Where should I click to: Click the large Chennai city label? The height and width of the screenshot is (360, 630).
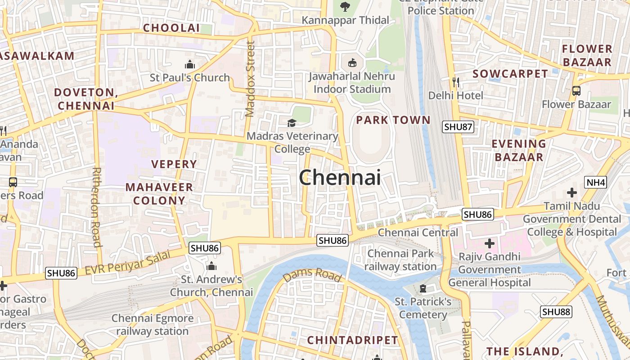340,177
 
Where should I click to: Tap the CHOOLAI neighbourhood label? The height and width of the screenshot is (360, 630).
171,28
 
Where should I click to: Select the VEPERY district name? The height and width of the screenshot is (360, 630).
174,164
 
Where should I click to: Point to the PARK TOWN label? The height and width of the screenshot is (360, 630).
393,120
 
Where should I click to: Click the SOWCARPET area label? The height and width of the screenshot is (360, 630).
510,74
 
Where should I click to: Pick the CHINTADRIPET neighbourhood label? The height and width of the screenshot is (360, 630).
353,340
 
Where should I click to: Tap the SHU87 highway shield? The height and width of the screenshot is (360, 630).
458,127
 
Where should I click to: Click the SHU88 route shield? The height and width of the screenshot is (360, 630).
556,312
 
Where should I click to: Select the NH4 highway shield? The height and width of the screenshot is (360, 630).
596,182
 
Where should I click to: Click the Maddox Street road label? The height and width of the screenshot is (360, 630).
250,79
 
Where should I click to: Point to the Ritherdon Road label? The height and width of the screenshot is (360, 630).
96,207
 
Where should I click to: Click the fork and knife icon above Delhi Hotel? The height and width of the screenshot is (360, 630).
456,82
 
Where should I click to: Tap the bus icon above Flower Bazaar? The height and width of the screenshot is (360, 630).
576,90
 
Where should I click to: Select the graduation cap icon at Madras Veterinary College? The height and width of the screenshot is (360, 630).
292,123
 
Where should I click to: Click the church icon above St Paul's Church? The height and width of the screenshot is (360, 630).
190,64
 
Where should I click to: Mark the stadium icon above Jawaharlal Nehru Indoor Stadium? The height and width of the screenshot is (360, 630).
352,63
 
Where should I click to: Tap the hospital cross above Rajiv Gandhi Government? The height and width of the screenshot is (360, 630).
490,244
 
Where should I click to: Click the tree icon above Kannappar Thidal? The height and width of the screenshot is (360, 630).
345,6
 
